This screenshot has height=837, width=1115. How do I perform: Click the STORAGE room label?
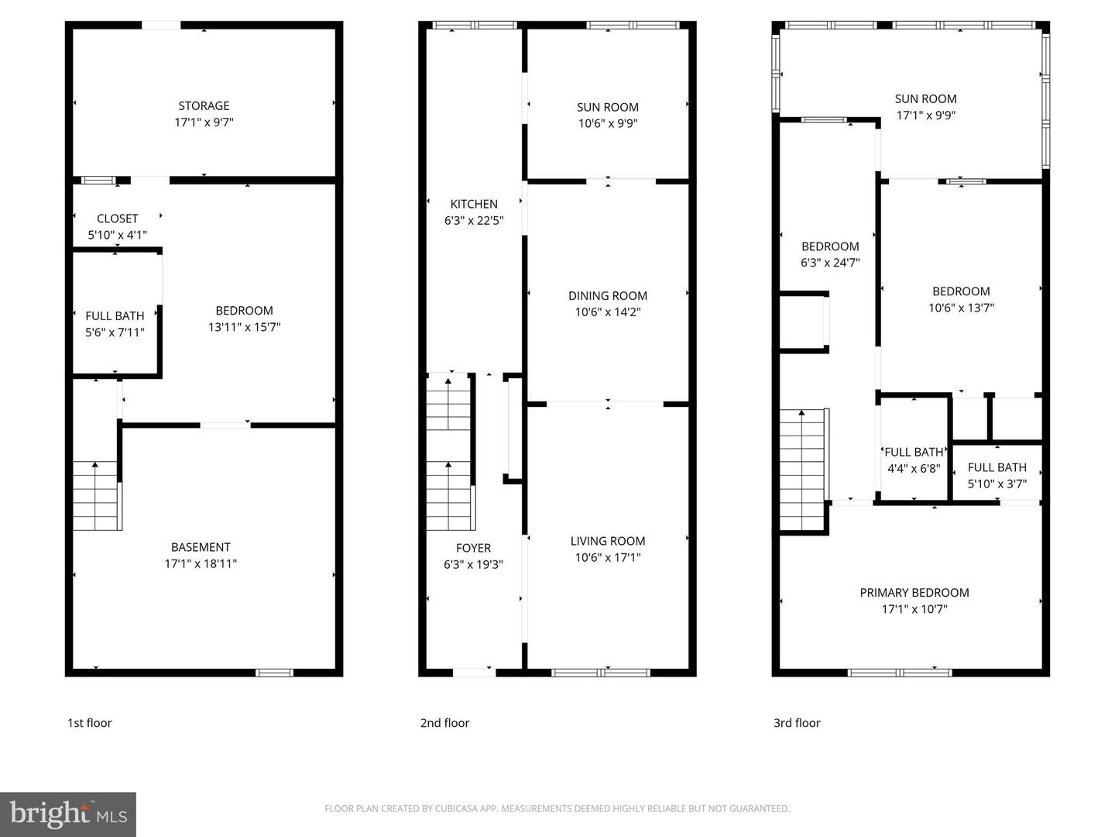(x=204, y=105)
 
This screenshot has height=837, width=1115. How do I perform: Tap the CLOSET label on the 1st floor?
(x=117, y=219)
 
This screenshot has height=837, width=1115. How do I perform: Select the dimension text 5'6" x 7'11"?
(x=115, y=332)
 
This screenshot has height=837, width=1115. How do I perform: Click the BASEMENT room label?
(x=201, y=547)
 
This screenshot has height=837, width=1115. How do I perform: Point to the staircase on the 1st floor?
(x=96, y=496)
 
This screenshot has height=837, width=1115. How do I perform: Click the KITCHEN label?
(x=474, y=204)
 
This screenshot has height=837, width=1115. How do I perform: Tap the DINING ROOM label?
(x=608, y=295)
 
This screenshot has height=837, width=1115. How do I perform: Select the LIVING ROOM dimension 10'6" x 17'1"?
(x=608, y=557)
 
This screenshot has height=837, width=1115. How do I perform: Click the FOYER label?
(x=473, y=548)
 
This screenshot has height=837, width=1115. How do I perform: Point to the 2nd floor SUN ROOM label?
(x=608, y=107)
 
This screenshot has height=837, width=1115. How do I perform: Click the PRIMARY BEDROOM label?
(x=914, y=592)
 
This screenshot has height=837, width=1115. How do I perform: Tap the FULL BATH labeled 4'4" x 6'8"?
(x=914, y=452)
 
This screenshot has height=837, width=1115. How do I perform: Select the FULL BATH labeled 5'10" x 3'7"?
(x=997, y=467)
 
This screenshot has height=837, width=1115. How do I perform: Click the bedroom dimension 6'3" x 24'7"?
(x=830, y=263)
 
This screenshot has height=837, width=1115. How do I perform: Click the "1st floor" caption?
(x=90, y=723)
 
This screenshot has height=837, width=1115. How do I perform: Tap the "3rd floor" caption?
(x=797, y=723)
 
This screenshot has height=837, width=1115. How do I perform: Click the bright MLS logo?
(x=68, y=814)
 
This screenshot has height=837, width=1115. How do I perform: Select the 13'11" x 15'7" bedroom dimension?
(x=244, y=327)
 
